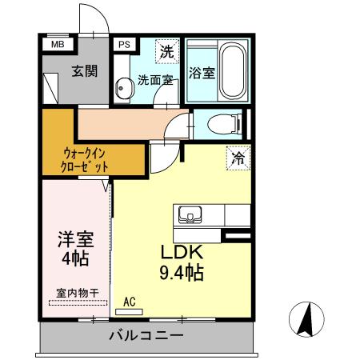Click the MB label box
click(x=58, y=45)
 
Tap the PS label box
click(x=124, y=46)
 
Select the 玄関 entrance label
click(x=84, y=71)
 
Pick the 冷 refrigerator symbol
click(x=238, y=158)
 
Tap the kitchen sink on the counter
click(x=190, y=215)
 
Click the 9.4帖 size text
click(x=182, y=273)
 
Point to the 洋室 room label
click(x=72, y=239)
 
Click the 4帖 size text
click(x=73, y=258)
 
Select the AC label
click(x=130, y=302)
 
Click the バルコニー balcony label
click(x=146, y=335)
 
